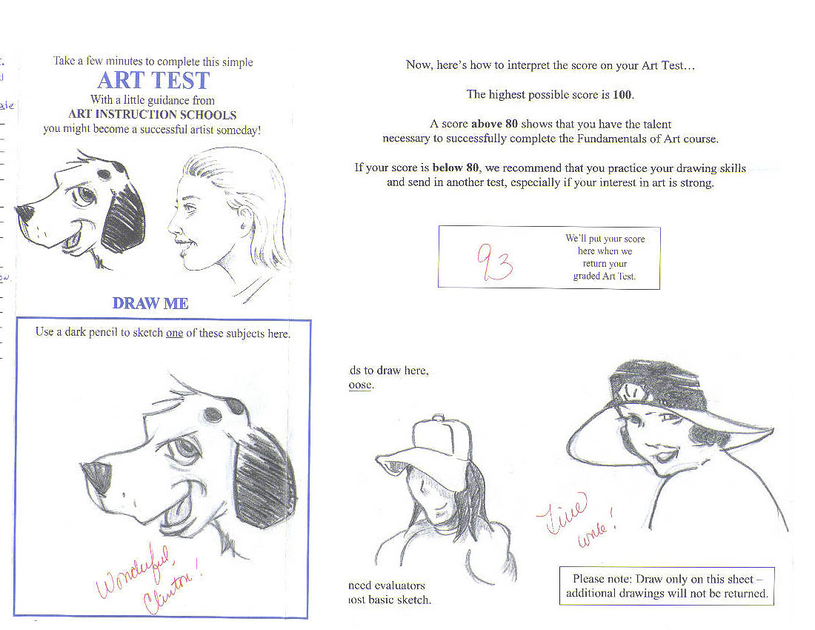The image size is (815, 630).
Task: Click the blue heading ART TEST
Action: (153, 80)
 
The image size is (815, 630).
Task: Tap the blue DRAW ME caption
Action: (150, 303)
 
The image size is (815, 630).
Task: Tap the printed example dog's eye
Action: (86, 196)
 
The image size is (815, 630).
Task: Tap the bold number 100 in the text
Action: (623, 95)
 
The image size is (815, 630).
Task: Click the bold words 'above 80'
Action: (493, 125)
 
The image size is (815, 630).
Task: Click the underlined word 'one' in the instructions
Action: (174, 333)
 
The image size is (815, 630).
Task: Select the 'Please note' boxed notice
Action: (666, 586)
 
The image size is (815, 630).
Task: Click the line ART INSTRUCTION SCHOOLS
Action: (152, 115)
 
